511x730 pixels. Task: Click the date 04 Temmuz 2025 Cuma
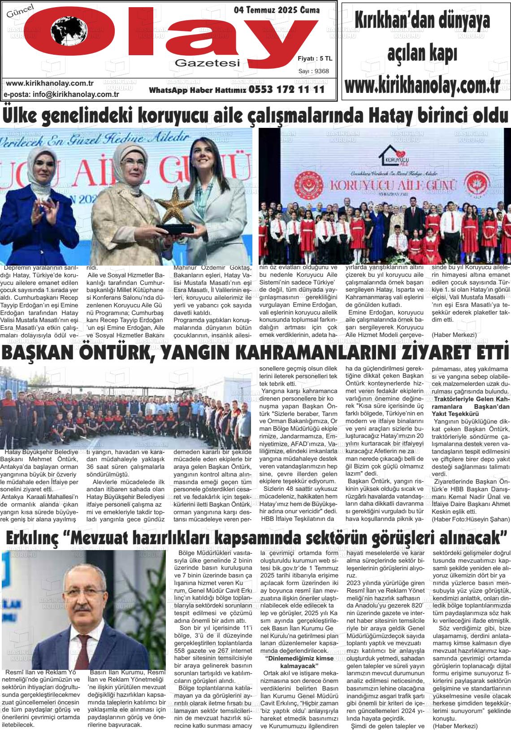point(277,10)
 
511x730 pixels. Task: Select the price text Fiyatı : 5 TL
point(315,58)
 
